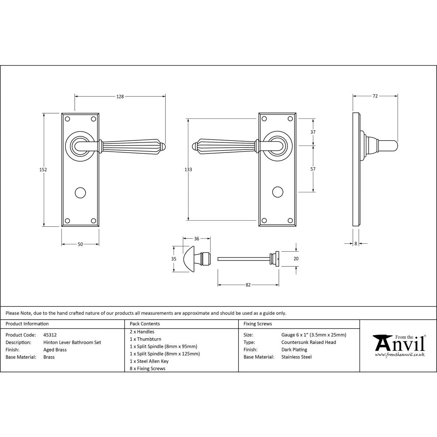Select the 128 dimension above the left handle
point(120,97)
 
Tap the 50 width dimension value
point(80,244)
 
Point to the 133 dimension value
point(188,169)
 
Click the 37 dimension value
point(313,132)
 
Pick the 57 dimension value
point(313,169)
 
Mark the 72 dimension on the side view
point(375,96)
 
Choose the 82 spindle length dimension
point(248,285)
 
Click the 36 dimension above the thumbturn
point(197,239)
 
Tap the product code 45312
point(50,335)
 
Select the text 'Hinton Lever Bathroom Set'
point(72,343)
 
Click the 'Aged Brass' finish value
point(55,350)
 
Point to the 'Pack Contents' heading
point(145,324)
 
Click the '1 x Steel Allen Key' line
point(149,361)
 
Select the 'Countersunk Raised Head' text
point(309,343)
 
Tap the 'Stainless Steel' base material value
point(296,357)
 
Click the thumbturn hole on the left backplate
point(80,192)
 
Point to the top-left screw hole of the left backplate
point(67,118)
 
